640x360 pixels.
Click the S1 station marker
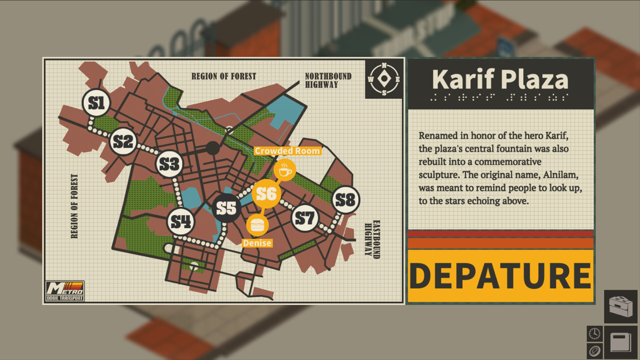tap(96, 103)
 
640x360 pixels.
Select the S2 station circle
tap(123, 141)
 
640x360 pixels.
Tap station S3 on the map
tap(169, 164)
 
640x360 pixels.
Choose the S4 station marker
tap(180, 221)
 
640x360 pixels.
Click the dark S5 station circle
tap(226, 208)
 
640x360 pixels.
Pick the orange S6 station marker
tap(266, 194)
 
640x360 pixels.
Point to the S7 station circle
tap(305, 218)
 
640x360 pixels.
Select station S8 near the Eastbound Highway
tap(346, 200)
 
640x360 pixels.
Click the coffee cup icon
tap(285, 170)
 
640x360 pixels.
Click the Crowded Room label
tap(287, 151)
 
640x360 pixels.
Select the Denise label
tap(257, 243)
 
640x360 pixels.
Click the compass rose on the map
tap(384, 79)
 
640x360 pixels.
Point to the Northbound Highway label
tap(328, 80)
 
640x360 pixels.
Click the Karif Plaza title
tap(500, 80)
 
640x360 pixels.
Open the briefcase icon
tap(620, 306)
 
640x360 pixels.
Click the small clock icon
tap(594, 333)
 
